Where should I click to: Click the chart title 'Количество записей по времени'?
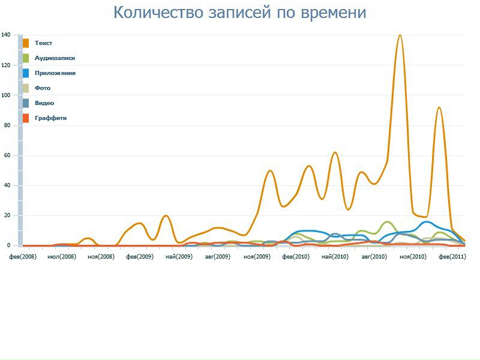click(239, 13)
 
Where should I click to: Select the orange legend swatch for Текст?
click(26, 43)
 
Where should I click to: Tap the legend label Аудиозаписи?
click(55, 58)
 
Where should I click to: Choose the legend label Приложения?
click(55, 73)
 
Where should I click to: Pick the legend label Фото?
click(43, 88)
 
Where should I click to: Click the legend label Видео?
click(44, 103)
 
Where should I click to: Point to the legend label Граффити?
click(50, 118)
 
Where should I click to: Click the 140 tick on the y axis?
click(5, 35)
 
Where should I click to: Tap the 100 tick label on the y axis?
click(5, 95)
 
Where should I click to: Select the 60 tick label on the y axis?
click(7, 155)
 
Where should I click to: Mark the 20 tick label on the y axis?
click(7, 215)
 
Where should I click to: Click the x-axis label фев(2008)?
click(22, 256)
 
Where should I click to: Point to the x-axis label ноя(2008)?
click(100, 256)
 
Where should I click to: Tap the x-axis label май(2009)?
click(178, 256)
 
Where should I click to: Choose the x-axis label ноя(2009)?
click(257, 256)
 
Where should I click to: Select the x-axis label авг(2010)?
click(374, 256)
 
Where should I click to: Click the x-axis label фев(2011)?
click(452, 256)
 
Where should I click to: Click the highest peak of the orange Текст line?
click(400, 35)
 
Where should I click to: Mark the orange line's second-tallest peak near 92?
click(439, 107)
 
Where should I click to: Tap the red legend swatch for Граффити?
click(26, 118)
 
